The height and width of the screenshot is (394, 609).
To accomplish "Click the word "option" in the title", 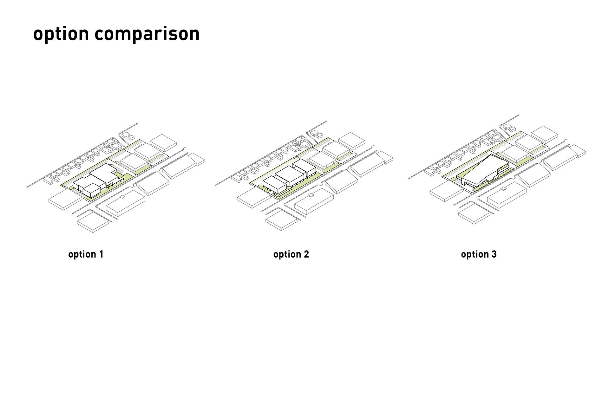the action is tap(61, 34).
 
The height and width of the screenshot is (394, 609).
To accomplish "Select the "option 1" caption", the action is tap(86, 254).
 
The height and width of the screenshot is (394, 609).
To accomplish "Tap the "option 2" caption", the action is tap(291, 254).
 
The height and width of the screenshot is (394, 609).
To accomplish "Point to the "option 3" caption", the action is tap(479, 254).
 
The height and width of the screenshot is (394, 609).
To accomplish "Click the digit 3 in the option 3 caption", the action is tap(494, 254).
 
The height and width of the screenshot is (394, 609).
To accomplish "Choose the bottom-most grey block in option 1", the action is tap(93, 222).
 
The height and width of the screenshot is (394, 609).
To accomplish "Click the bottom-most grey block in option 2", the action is tap(282, 219).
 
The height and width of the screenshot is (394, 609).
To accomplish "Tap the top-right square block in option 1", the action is tap(163, 142).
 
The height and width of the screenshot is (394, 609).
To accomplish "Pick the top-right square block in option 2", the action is tap(352, 141).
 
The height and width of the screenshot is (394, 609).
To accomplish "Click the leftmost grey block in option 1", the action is tap(65, 200).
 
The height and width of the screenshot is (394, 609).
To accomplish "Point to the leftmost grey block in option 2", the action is tap(253, 198).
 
